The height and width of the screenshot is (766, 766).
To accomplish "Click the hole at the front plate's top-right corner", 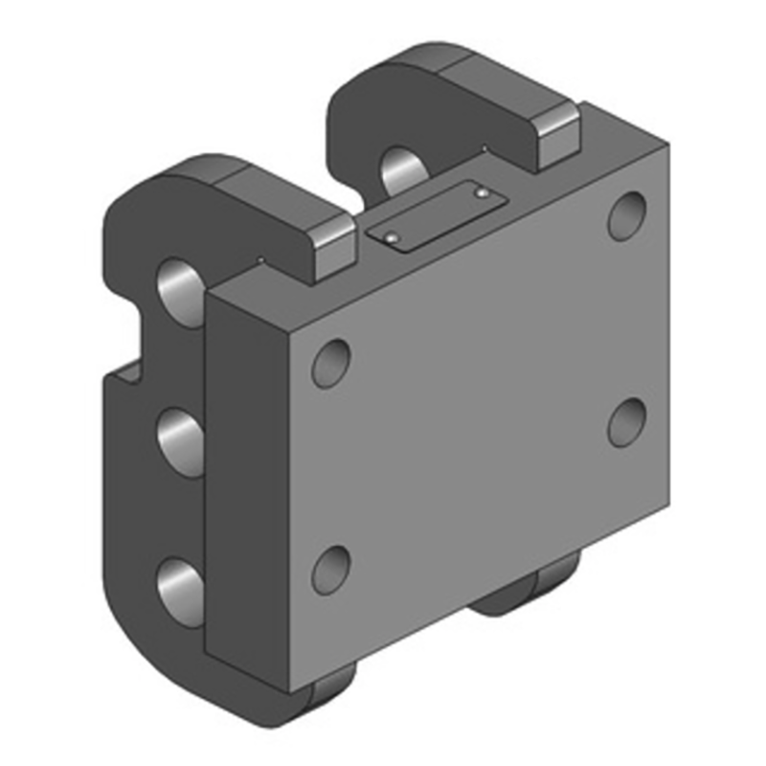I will pos(628,215).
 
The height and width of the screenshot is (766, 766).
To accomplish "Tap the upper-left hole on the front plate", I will pos(330,363).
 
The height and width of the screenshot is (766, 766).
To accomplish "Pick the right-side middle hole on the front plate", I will pos(627,420).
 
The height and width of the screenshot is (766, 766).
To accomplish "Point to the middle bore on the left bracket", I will pos(180,439).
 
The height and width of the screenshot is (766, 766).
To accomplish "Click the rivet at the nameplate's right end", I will pos(483,194).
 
